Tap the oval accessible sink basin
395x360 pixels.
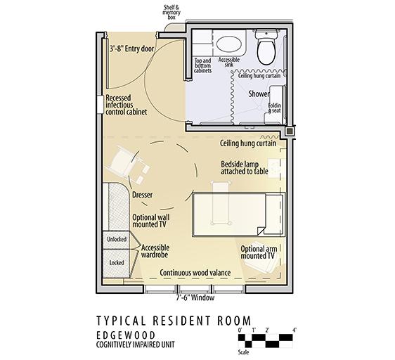coord(228,44)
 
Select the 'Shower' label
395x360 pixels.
coord(259,94)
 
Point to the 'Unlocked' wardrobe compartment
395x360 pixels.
coord(116,240)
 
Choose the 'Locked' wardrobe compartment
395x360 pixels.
coord(116,263)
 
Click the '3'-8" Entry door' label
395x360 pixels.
coord(131,49)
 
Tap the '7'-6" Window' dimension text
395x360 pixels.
coord(195,297)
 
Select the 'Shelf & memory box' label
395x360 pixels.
coord(171,12)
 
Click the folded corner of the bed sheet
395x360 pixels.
coord(261,231)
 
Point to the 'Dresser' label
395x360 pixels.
coord(143,195)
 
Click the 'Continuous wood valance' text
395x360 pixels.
coord(195,273)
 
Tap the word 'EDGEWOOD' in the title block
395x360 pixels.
coord(126,335)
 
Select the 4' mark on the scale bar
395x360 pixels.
coord(294,330)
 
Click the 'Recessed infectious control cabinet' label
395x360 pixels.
coord(126,105)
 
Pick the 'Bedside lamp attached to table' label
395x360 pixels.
coord(245,167)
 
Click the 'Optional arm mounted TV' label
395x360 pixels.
coord(259,252)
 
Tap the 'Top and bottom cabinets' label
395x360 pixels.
coord(202,65)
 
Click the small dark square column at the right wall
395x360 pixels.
coord(290,131)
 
